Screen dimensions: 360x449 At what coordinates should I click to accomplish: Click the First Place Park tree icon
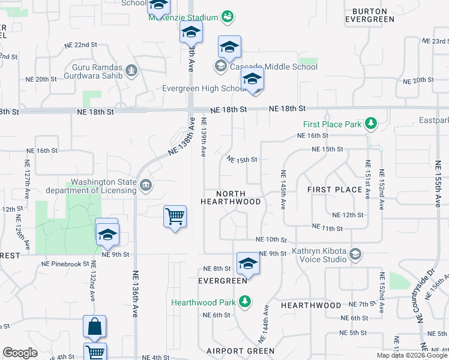click(372, 124)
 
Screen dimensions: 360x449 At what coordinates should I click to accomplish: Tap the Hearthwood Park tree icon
click(244, 302)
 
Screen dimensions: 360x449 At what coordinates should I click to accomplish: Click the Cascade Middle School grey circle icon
click(220, 66)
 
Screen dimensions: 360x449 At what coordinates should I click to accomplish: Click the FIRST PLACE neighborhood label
click(334, 190)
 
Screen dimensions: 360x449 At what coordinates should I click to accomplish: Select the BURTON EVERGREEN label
click(370, 15)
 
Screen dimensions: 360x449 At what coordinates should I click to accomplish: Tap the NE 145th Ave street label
click(283, 188)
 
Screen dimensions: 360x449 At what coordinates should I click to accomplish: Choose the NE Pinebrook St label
click(65, 263)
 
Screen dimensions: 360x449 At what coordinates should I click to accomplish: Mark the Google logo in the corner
click(20, 353)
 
